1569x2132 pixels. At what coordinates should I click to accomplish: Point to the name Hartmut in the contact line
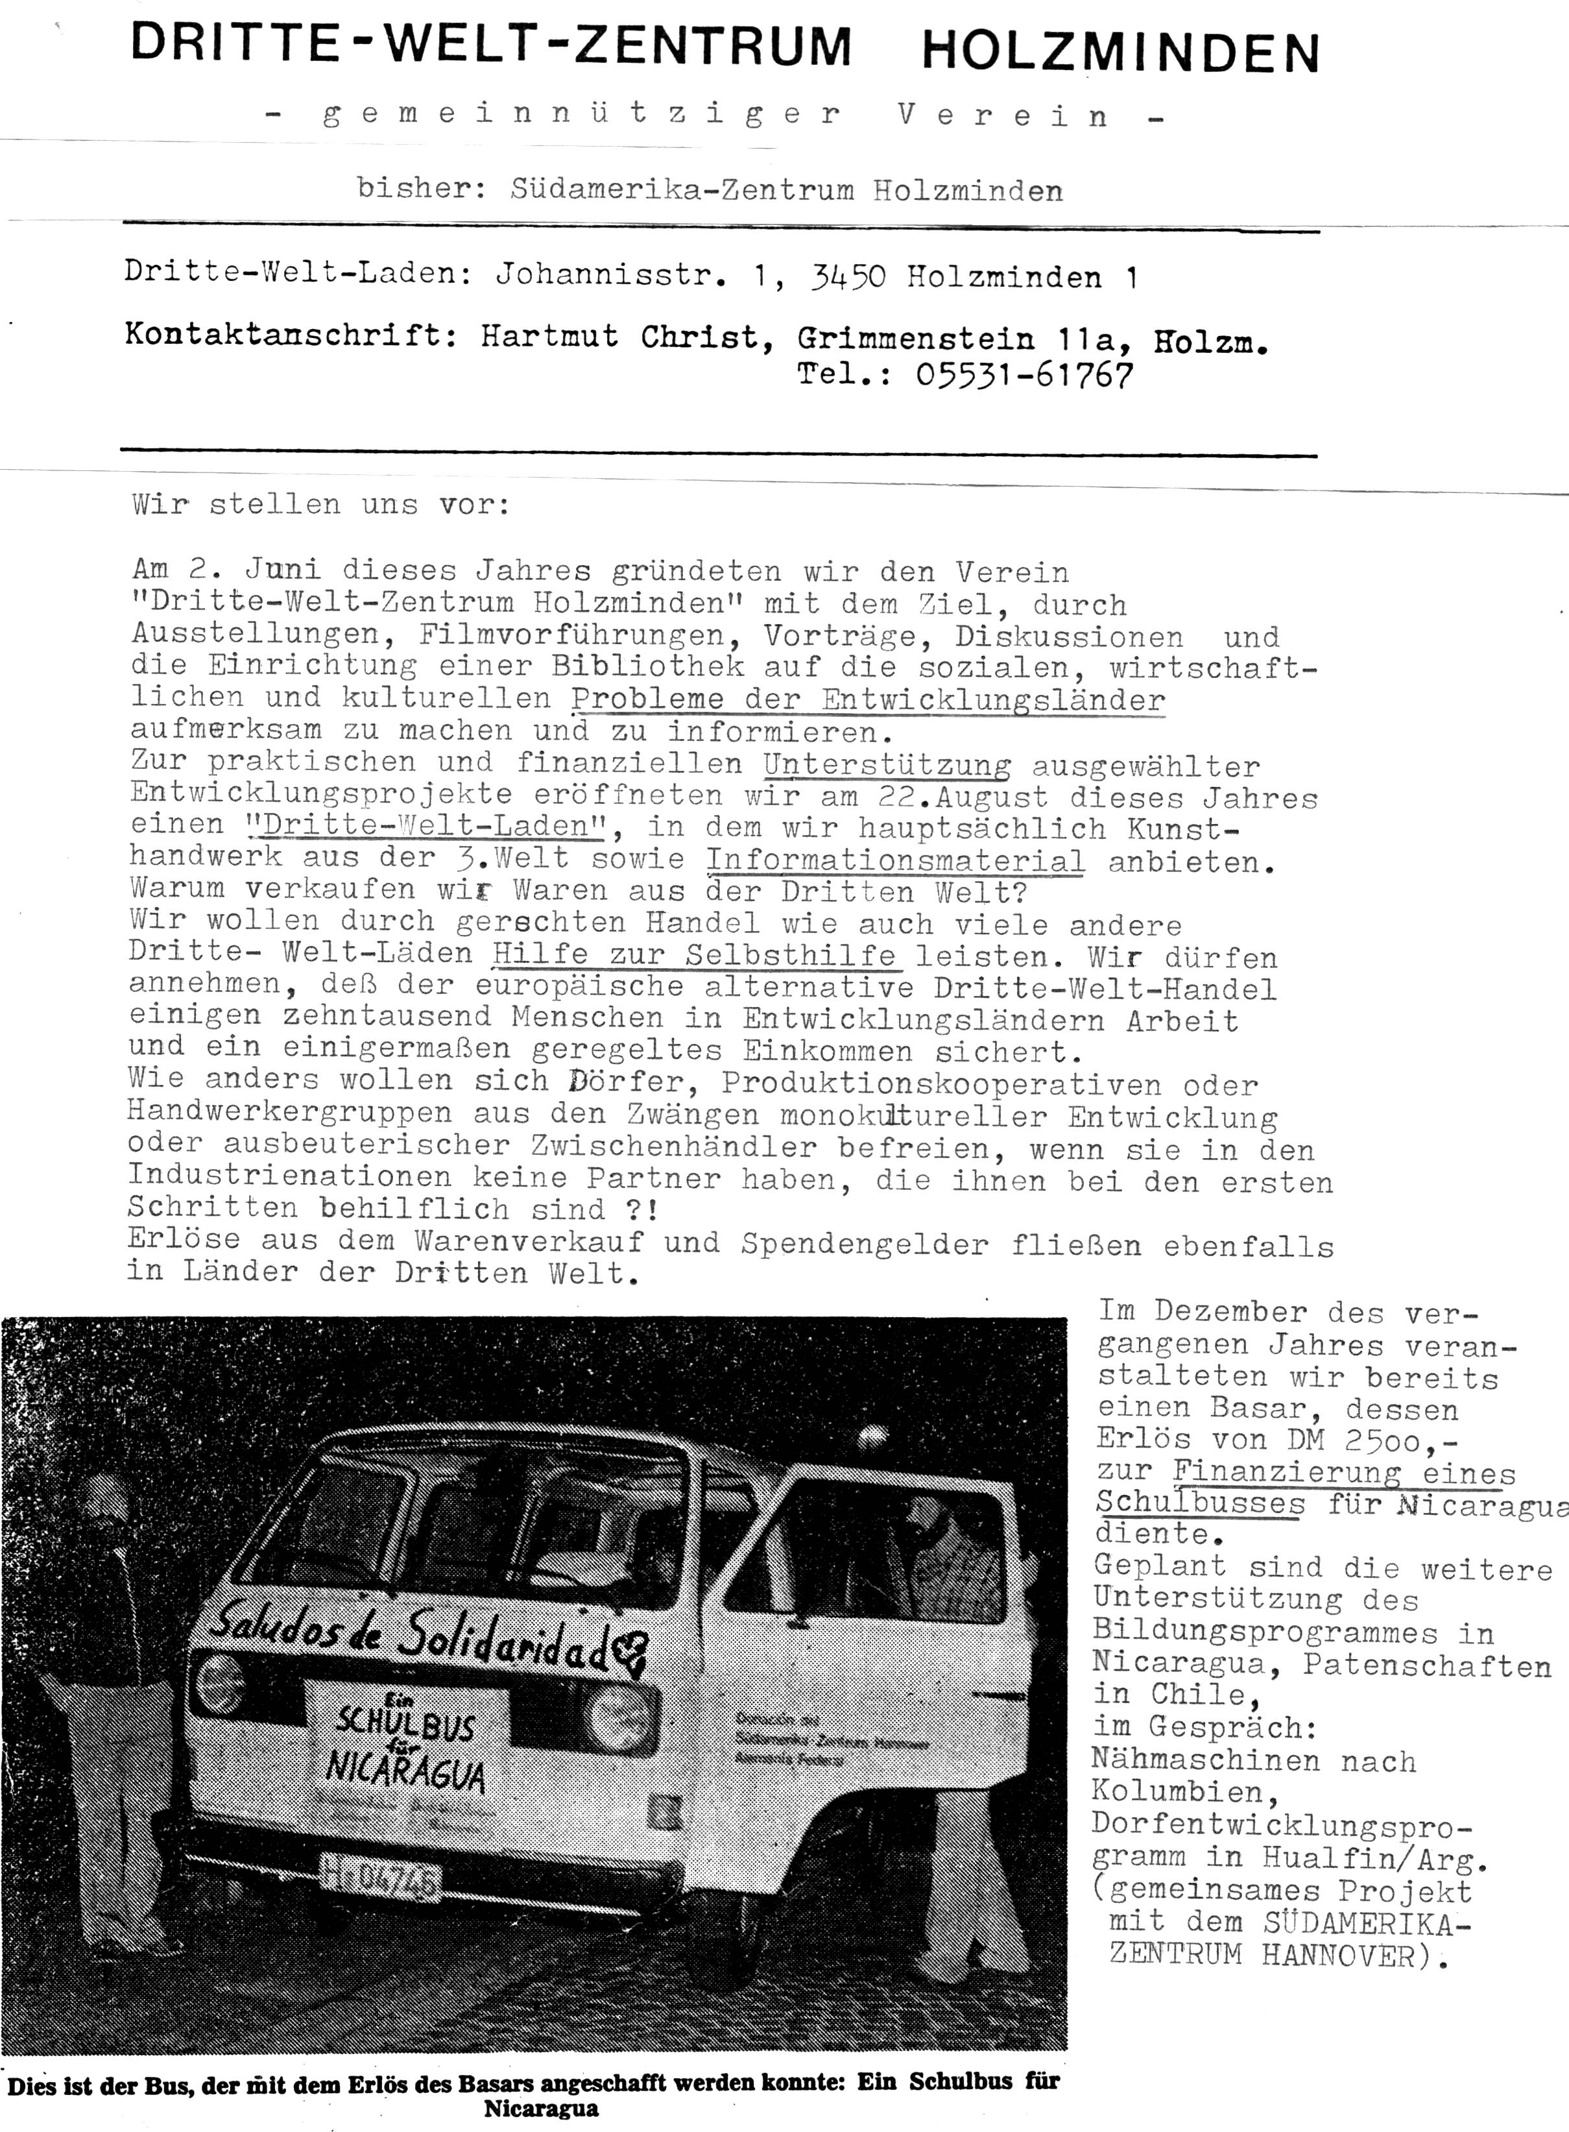pyautogui.click(x=549, y=336)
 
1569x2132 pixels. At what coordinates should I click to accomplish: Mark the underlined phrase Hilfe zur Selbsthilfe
pyautogui.click(x=693, y=955)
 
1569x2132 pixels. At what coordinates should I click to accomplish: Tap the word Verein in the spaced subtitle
pyautogui.click(x=1003, y=116)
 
